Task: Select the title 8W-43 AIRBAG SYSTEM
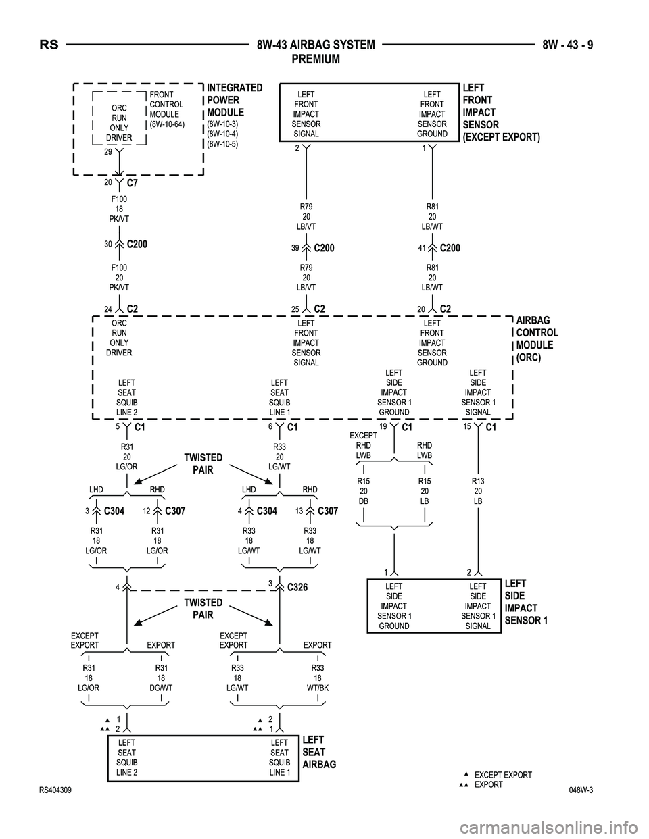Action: (x=316, y=46)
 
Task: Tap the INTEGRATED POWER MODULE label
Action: (x=235, y=100)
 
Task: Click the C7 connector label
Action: (x=133, y=183)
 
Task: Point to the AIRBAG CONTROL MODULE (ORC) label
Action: (x=537, y=339)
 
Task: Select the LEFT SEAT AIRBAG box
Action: (x=203, y=758)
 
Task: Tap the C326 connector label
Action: (x=297, y=588)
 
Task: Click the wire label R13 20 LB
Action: (x=478, y=491)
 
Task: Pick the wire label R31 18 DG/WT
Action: (x=161, y=678)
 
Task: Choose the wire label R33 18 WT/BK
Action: (x=317, y=678)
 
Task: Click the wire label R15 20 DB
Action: (x=364, y=491)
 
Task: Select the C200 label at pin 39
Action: (x=324, y=249)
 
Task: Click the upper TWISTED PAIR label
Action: (x=203, y=464)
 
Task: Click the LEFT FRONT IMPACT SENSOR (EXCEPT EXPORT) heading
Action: (x=501, y=113)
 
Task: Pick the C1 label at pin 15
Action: (x=491, y=428)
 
